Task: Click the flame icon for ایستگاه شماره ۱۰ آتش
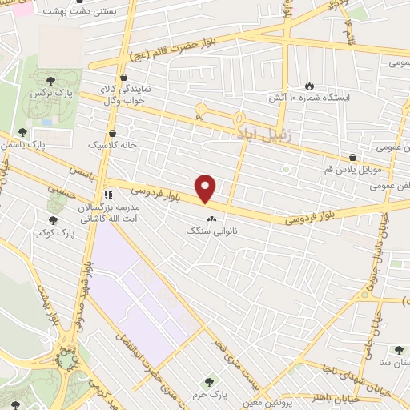click(309, 85)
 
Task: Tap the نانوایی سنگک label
click(212, 231)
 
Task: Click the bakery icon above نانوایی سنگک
click(212, 219)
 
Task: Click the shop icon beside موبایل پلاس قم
click(352, 158)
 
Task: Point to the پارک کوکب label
click(54, 232)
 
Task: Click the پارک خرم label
click(211, 395)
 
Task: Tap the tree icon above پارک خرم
click(211, 382)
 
